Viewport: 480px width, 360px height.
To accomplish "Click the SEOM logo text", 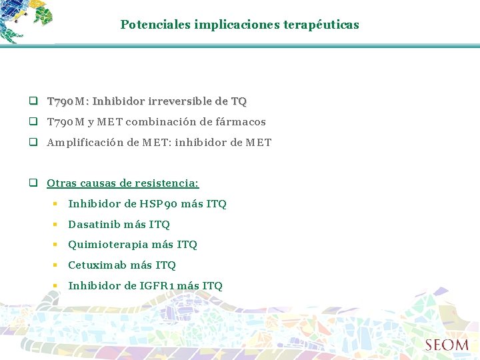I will coord(447,345).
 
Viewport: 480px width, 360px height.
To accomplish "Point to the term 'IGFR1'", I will coord(157,286).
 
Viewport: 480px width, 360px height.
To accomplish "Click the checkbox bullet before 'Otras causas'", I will coord(32,183).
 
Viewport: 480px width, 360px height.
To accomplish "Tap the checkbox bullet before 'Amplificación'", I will coord(32,143).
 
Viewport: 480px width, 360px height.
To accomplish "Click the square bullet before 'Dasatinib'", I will coord(57,225).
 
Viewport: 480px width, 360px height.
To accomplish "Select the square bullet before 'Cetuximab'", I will coord(57,265).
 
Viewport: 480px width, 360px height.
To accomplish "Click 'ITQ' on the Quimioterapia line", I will coord(187,245).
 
